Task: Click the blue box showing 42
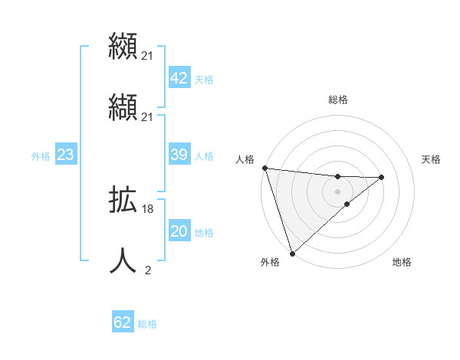(x=179, y=78)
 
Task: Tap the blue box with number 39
(x=179, y=155)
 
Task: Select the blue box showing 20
(x=179, y=231)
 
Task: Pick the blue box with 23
(x=65, y=155)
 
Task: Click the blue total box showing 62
(x=123, y=322)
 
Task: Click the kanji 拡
(x=123, y=201)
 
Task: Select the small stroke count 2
(x=148, y=270)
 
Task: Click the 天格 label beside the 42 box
(x=204, y=80)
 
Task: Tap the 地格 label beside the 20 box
(x=204, y=233)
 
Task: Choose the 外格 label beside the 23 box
(x=41, y=156)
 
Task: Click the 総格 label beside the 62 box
(x=147, y=324)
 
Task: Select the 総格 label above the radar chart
(x=337, y=100)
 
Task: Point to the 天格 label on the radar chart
(x=432, y=159)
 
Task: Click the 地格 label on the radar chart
(x=402, y=262)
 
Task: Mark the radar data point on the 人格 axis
(x=264, y=168)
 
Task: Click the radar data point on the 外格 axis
(x=291, y=252)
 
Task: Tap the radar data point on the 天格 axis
(x=382, y=177)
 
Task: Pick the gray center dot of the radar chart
(x=337, y=191)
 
